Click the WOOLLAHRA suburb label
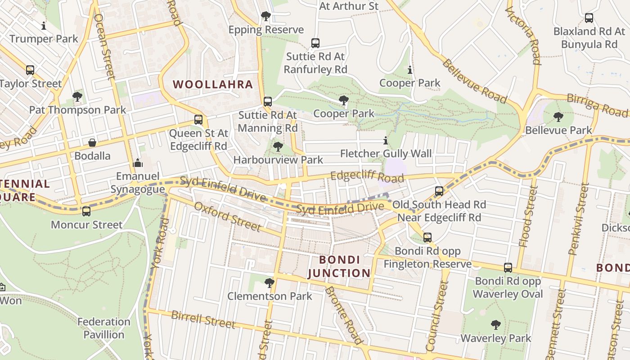coord(213,85)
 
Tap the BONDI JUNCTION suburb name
coord(339,266)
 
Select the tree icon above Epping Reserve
coord(266,17)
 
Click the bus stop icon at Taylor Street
coord(30,70)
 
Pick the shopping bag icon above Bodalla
coord(92,143)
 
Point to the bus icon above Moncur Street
coord(86,211)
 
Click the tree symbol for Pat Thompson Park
coord(77,96)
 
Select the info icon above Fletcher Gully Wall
coord(385,141)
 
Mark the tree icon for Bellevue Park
coord(558,117)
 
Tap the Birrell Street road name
coord(203,319)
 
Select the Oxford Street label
coord(227,216)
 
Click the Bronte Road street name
coord(343,315)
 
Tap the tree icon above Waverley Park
coord(495,324)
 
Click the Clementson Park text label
coord(270,296)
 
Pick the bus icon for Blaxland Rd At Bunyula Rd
coord(589,18)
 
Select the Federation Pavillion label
coord(104,328)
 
